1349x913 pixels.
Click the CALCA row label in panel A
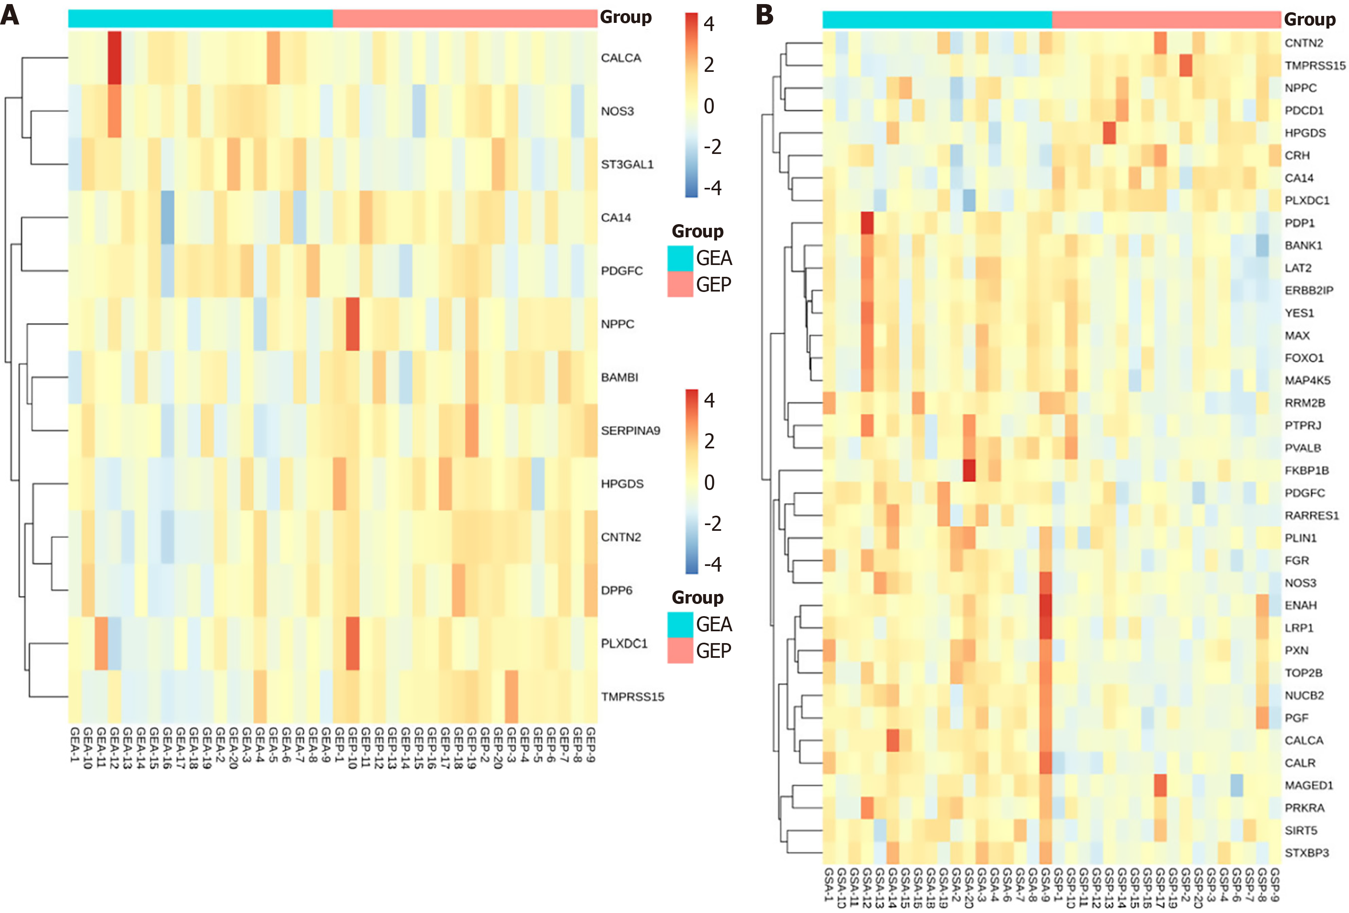click(x=620, y=58)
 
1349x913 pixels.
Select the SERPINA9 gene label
click(x=630, y=430)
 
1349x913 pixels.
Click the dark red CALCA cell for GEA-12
click(x=114, y=58)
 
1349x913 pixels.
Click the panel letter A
click(x=10, y=15)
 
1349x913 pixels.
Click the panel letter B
click(x=764, y=15)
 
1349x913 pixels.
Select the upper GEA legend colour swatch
click(x=680, y=258)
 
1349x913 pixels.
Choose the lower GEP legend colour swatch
click(x=680, y=650)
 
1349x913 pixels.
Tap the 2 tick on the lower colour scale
click(x=709, y=441)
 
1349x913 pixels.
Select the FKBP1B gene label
click(x=1306, y=470)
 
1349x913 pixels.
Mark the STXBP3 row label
click(x=1306, y=853)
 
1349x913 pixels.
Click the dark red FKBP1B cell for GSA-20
click(x=969, y=470)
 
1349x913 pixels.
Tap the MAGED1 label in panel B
click(x=1308, y=785)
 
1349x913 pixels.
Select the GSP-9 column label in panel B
click(x=1275, y=884)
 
